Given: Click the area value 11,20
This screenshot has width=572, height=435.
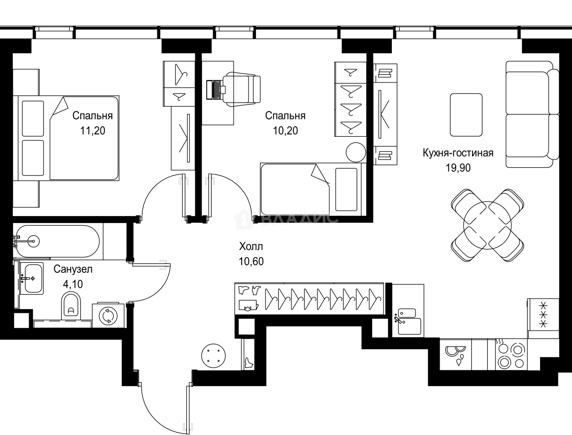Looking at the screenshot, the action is coord(93,130).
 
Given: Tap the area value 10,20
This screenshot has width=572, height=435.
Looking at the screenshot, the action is coord(286,130).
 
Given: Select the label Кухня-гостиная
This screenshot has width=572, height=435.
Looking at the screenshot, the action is coord(458,153).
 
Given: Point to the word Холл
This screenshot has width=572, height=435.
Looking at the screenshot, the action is coord(251,246).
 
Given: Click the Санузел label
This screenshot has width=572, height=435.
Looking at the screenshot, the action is coord(73,269).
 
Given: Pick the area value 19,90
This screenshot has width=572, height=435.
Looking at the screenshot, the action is coord(458,168).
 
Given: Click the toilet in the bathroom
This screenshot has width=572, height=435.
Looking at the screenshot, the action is coord(71,306).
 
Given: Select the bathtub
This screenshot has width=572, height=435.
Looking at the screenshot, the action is coord(57,241).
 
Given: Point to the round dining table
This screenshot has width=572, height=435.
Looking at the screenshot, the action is coord(487,225).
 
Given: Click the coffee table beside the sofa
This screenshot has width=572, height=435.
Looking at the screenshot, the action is coord(466,115).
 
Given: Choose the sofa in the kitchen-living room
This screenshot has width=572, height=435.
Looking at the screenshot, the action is coord(532,114).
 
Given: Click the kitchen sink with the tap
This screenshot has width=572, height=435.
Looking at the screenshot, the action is coord(408,321).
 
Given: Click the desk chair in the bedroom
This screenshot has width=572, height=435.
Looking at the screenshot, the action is coord(241,89).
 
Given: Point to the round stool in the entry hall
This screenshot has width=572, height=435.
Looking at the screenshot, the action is coord(213,356).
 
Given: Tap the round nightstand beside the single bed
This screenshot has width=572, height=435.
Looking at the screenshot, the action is coord(356,152).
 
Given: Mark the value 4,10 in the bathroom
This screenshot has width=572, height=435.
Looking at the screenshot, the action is coord(73,284).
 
